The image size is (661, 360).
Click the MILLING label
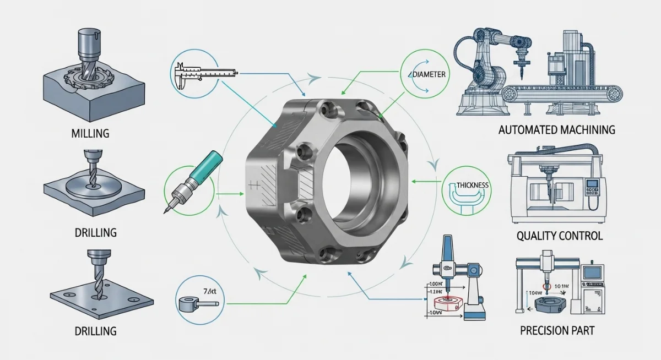(90, 134)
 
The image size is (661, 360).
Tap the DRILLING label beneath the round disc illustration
(95, 232)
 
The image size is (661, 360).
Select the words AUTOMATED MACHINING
(556, 130)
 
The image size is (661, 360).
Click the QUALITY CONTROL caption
(560, 236)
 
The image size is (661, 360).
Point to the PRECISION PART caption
(557, 331)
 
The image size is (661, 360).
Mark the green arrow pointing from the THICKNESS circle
(427, 180)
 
